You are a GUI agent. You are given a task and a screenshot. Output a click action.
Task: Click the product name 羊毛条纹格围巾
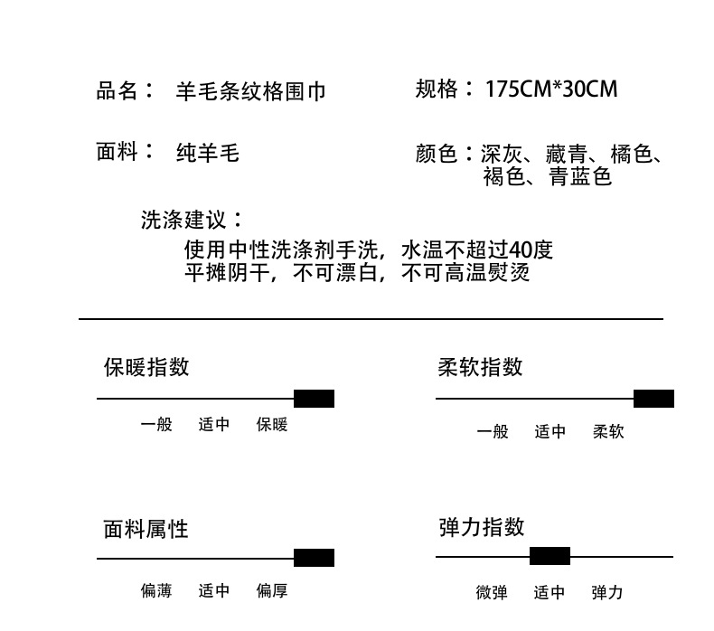250,91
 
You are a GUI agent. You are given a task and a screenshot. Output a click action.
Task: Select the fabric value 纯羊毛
207,153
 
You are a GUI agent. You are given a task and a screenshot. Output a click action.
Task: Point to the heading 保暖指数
146,367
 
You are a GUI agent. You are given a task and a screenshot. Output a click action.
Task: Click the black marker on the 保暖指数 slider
314,399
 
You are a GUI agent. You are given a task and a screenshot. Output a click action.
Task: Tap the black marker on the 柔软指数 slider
653,399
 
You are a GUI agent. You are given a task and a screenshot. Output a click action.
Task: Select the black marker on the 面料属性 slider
314,558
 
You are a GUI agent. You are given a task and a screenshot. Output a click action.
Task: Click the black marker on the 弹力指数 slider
550,556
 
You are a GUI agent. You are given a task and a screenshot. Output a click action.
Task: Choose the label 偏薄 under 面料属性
156,591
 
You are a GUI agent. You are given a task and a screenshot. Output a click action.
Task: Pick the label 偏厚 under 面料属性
272,591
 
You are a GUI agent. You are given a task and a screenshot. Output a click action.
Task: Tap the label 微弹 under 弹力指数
492,593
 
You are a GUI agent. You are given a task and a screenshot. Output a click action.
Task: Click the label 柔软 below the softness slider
608,432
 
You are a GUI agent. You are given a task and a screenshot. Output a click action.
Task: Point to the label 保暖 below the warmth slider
272,424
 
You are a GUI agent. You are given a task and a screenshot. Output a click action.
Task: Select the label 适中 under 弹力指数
550,593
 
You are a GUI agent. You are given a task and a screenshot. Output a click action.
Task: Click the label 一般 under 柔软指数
493,432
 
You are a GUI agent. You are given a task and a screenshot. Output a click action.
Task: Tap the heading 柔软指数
480,367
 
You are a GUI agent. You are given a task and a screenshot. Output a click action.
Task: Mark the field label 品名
118,90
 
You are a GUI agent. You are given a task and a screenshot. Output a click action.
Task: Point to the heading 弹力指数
481,527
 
